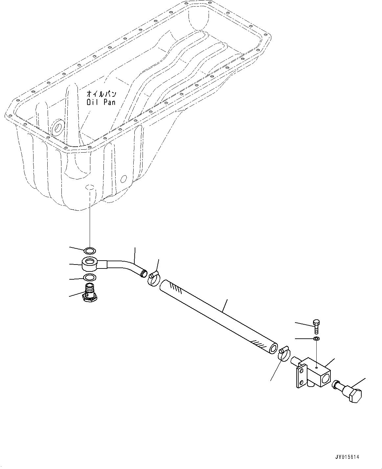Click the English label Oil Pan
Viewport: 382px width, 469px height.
tap(101, 102)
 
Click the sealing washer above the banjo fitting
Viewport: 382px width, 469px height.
tap(90, 251)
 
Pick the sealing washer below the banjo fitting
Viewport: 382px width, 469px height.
tap(89, 277)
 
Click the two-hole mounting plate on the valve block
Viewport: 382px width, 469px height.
tap(301, 378)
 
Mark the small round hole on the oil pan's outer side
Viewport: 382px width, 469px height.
tap(124, 179)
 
